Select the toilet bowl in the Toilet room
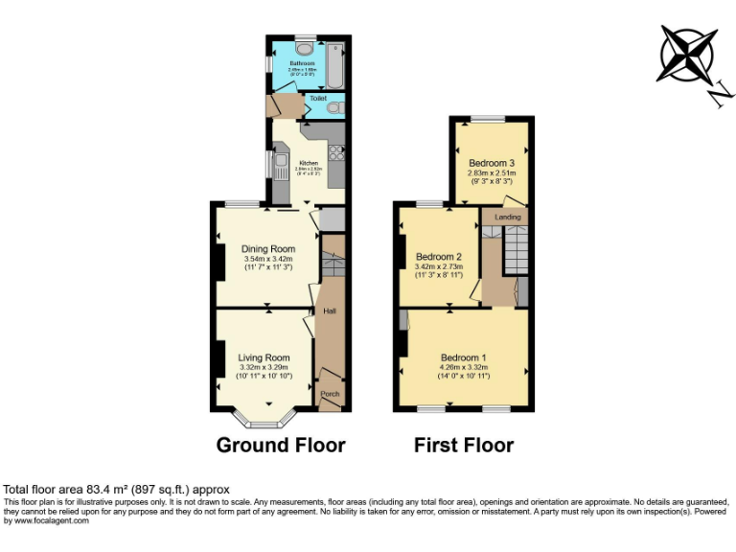click(333, 108)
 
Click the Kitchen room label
click(309, 163)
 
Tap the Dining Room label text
click(267, 248)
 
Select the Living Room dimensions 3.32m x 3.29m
click(264, 367)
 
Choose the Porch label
click(330, 394)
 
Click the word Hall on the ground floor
click(329, 311)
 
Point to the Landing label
click(507, 218)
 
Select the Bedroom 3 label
click(492, 163)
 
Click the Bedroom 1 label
click(464, 357)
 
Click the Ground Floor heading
click(281, 445)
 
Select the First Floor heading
click(463, 445)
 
